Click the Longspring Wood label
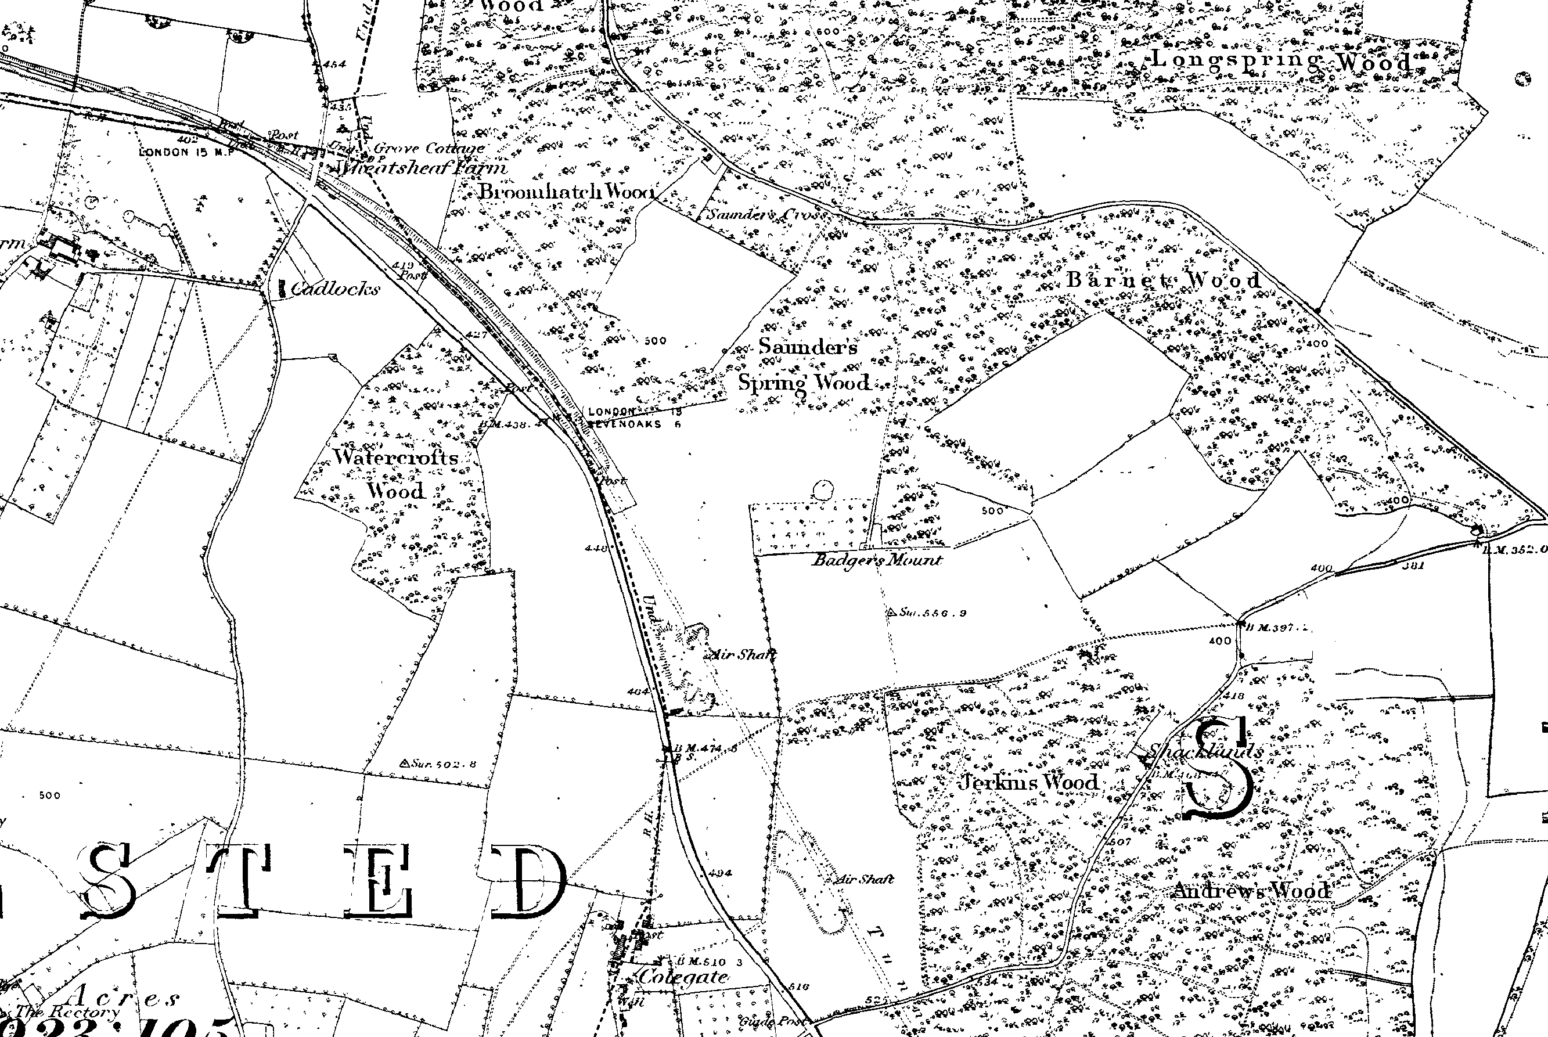pyautogui.click(x=1282, y=62)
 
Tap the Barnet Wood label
pyautogui.click(x=1164, y=280)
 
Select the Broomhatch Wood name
pyautogui.click(x=567, y=192)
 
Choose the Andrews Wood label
pyautogui.click(x=1251, y=891)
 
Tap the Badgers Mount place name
pyautogui.click(x=877, y=560)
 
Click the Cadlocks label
pyautogui.click(x=335, y=289)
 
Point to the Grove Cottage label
pyautogui.click(x=429, y=148)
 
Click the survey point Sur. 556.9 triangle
pyautogui.click(x=892, y=612)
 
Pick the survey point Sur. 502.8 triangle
pyautogui.click(x=404, y=763)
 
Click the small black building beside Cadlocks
pyautogui.click(x=282, y=289)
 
